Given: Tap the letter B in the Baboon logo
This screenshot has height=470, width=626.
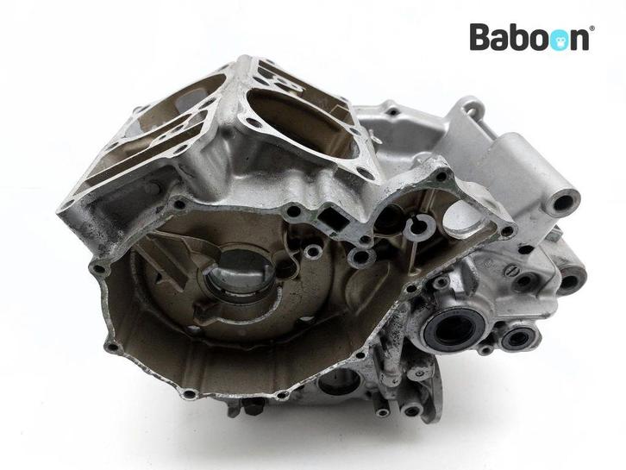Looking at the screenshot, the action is [x=480, y=37].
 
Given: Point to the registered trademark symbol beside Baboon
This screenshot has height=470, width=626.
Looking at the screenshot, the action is [x=592, y=28].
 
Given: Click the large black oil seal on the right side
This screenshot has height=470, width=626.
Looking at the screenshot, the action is [x=454, y=329].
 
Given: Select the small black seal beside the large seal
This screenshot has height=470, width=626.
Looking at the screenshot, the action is [x=519, y=339].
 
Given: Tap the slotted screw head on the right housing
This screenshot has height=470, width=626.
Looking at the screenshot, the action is [x=511, y=271].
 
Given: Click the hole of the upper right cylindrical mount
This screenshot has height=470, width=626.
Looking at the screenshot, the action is [x=562, y=203].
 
